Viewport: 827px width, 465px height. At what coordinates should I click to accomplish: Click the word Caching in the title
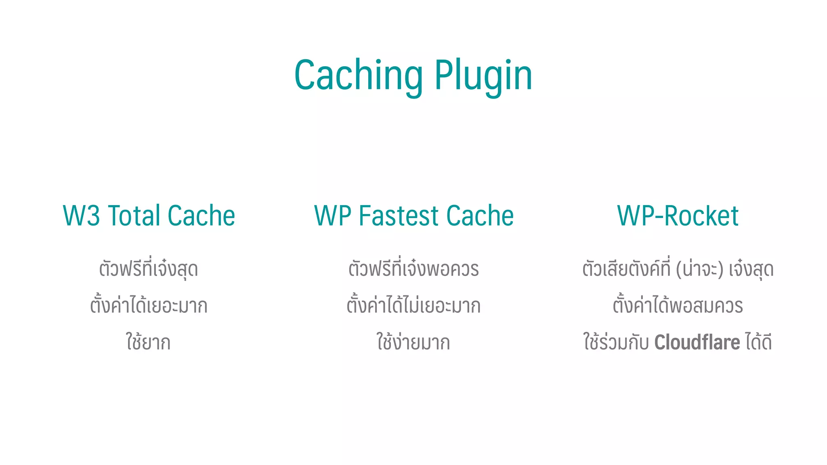tap(358, 75)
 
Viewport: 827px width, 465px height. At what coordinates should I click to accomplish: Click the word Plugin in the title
tap(483, 75)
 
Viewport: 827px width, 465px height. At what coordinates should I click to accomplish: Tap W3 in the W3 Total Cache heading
tap(81, 216)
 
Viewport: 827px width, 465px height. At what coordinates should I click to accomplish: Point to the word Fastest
tap(399, 216)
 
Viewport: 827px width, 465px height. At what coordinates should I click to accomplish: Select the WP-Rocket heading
tap(678, 216)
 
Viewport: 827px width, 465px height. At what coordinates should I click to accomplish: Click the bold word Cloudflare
tap(697, 342)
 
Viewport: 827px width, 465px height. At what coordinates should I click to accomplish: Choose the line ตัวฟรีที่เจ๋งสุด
tap(149, 269)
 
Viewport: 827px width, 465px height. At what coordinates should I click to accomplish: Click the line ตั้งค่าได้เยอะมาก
tap(149, 306)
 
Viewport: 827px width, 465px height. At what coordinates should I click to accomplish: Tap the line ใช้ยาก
tap(148, 342)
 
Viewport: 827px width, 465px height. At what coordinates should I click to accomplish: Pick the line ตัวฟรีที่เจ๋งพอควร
tap(413, 269)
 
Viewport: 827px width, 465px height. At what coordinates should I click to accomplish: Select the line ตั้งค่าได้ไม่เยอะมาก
tap(413, 306)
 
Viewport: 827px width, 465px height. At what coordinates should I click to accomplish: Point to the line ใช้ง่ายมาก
tap(413, 342)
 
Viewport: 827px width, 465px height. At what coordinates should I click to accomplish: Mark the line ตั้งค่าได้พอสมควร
tap(678, 306)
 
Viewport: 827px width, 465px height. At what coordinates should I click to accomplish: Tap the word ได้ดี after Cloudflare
tap(758, 342)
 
